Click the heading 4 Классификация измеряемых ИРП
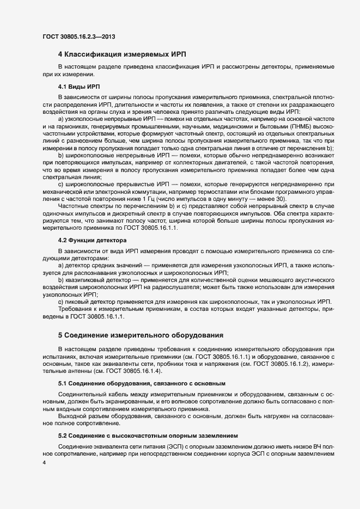pos(122,54)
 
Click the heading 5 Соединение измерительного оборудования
pos(141,335)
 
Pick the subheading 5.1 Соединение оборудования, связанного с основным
pos(142,383)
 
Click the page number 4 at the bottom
pos(44,463)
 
